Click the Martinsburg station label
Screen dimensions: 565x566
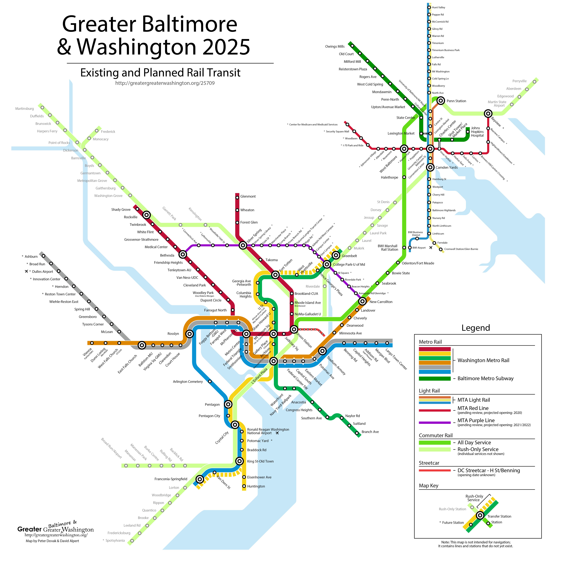(x=25, y=109)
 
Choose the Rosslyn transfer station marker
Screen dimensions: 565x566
(x=190, y=334)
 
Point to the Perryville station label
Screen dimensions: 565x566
(x=519, y=81)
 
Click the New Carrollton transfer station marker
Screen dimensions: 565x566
(x=362, y=301)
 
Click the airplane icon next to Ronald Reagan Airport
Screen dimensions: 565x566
(x=277, y=433)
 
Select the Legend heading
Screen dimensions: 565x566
(x=475, y=328)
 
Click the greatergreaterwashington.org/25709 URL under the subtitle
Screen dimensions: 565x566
(x=165, y=83)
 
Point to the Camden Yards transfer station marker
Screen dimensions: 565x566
(x=430, y=167)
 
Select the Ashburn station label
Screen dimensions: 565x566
(x=31, y=257)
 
